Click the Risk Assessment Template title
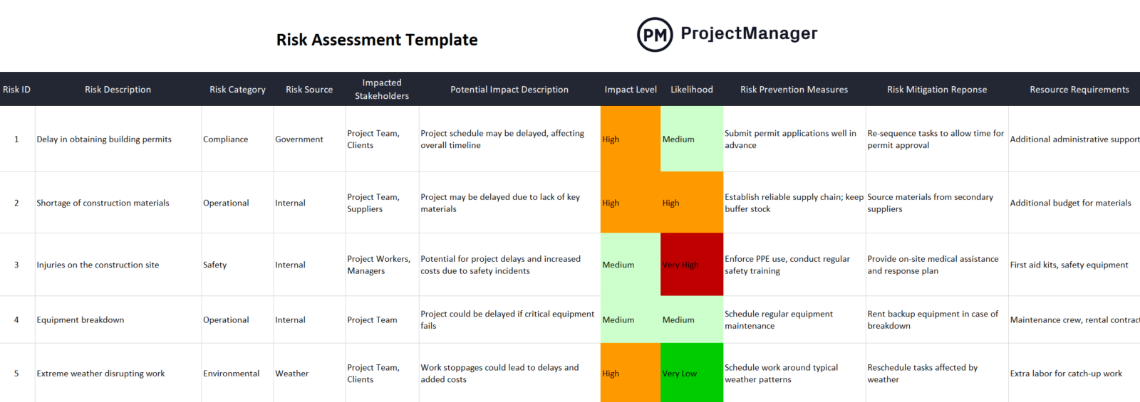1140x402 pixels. click(x=377, y=40)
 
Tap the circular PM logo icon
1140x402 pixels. click(x=654, y=35)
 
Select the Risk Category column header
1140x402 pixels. click(x=237, y=90)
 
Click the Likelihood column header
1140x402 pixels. click(x=691, y=90)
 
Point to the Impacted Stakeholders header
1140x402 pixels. click(x=382, y=90)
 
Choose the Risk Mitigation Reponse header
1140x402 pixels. click(x=936, y=90)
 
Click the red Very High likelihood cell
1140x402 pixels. click(x=691, y=265)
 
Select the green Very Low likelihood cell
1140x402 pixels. click(x=691, y=374)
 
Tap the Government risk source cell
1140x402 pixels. click(x=299, y=139)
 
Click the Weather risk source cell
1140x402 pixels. click(x=292, y=374)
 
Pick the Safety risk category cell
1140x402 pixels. click(x=215, y=265)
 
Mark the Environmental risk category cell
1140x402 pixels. click(x=232, y=374)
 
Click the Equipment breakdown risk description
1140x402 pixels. click(x=81, y=320)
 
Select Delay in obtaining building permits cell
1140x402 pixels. click(x=104, y=139)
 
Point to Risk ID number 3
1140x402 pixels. click(x=16, y=265)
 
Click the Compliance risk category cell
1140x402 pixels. click(x=226, y=139)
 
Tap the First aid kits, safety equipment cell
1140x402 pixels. click(x=1069, y=265)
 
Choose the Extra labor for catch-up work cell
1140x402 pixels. click(x=1066, y=374)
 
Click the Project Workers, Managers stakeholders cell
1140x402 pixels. click(x=379, y=265)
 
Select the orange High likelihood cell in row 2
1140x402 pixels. click(x=691, y=203)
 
